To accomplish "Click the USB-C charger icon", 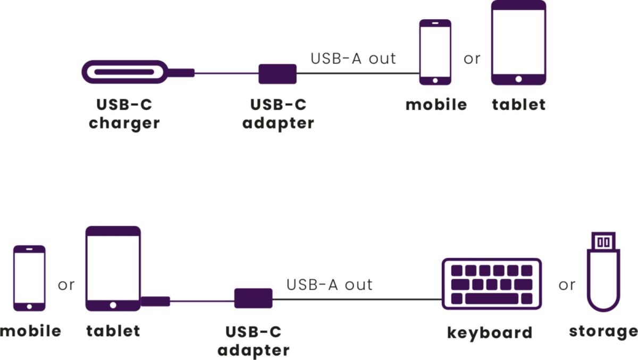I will pyautogui.click(x=125, y=72).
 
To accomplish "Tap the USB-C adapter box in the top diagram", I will pyautogui.click(x=278, y=73).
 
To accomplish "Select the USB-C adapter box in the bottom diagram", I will pyautogui.click(x=253, y=298).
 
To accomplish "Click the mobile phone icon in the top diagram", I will pyautogui.click(x=435, y=52).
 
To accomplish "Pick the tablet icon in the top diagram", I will pyautogui.click(x=518, y=43).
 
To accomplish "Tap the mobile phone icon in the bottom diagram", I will pyautogui.click(x=29, y=278).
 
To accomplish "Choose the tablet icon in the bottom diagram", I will pyautogui.click(x=113, y=269).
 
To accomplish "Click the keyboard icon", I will pyautogui.click(x=492, y=284).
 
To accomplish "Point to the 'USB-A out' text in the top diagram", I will pyautogui.click(x=354, y=58).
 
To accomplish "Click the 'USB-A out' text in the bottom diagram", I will pyautogui.click(x=330, y=284).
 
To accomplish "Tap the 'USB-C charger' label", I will pyautogui.click(x=124, y=114).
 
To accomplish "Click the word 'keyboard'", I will pyautogui.click(x=490, y=333).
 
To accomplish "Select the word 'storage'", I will pyautogui.click(x=603, y=332).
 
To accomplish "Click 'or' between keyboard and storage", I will pyautogui.click(x=567, y=285).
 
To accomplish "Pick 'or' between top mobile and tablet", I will pyautogui.click(x=472, y=58).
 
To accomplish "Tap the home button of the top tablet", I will pyautogui.click(x=518, y=79).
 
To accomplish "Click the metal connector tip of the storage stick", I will pyautogui.click(x=603, y=241).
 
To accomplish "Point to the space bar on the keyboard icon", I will pyautogui.click(x=491, y=298).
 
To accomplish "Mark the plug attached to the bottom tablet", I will pyautogui.click(x=155, y=302).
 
